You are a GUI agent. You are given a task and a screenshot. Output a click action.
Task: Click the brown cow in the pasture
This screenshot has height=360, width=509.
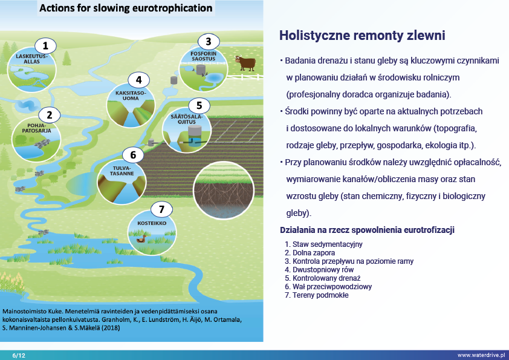tap(245, 63)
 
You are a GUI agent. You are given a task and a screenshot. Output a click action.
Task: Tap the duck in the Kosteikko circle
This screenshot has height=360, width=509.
tap(141, 239)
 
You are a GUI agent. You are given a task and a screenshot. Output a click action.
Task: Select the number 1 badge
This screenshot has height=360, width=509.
tap(45, 46)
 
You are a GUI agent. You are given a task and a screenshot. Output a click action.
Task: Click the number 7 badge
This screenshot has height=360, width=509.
tap(161, 209)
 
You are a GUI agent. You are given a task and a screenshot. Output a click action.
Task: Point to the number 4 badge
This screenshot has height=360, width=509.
tap(139, 80)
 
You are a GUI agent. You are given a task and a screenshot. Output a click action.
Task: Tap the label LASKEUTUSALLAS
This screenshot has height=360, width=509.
tap(32, 59)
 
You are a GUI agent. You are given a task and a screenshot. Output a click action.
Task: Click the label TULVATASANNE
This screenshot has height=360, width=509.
tap(122, 171)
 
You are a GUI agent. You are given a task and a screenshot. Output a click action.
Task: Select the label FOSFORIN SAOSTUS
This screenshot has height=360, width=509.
tap(204, 56)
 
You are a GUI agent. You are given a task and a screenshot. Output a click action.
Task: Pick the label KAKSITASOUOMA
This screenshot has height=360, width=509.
tap(131, 96)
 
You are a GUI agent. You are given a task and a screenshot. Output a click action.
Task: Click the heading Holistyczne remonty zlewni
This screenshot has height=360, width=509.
tap(362, 36)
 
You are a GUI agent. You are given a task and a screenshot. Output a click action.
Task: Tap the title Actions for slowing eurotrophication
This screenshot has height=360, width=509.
tap(126, 8)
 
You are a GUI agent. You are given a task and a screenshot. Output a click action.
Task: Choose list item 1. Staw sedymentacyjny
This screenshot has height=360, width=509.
tap(323, 244)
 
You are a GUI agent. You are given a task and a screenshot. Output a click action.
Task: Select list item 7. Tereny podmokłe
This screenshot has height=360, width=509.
tap(317, 295)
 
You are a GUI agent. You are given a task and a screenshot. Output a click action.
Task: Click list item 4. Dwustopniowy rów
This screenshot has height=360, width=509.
tap(319, 270)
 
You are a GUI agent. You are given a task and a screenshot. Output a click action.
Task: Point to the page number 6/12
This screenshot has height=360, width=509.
tap(19, 355)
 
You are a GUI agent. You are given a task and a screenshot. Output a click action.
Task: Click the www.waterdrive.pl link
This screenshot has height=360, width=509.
tap(481, 355)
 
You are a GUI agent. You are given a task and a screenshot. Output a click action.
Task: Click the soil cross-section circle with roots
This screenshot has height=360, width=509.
tap(223, 190)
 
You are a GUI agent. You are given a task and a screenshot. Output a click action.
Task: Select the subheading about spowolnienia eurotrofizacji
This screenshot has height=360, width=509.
tap(367, 230)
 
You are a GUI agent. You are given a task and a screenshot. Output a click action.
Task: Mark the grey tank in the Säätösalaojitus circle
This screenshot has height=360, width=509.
tap(195, 133)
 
